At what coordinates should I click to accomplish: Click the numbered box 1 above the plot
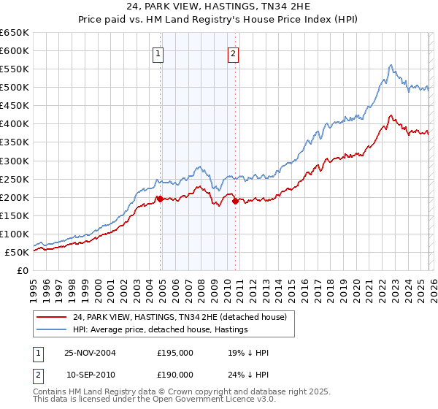click(x=158, y=53)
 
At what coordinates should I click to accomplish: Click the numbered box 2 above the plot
click(x=232, y=53)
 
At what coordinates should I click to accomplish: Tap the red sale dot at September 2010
click(x=235, y=201)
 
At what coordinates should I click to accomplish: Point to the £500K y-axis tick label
click(x=15, y=88)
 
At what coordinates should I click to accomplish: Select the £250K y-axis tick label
click(x=15, y=179)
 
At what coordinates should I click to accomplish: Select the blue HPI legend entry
click(x=161, y=330)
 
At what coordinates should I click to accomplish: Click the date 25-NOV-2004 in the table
click(x=90, y=353)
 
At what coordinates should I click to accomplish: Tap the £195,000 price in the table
click(x=175, y=353)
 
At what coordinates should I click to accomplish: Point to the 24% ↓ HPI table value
click(x=248, y=374)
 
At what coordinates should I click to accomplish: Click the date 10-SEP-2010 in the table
click(x=90, y=374)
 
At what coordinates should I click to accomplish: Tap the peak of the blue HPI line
click(x=391, y=65)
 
